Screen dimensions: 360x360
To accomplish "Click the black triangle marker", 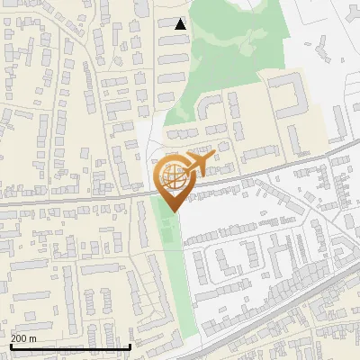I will [180, 24].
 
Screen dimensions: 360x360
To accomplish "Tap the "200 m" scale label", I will [24, 338].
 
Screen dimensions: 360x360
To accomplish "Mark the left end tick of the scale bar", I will [10, 345].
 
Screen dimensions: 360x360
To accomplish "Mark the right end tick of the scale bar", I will [131, 345].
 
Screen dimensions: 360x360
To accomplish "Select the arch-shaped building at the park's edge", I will [210, 107].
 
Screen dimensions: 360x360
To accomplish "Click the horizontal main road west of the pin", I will [72, 199].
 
